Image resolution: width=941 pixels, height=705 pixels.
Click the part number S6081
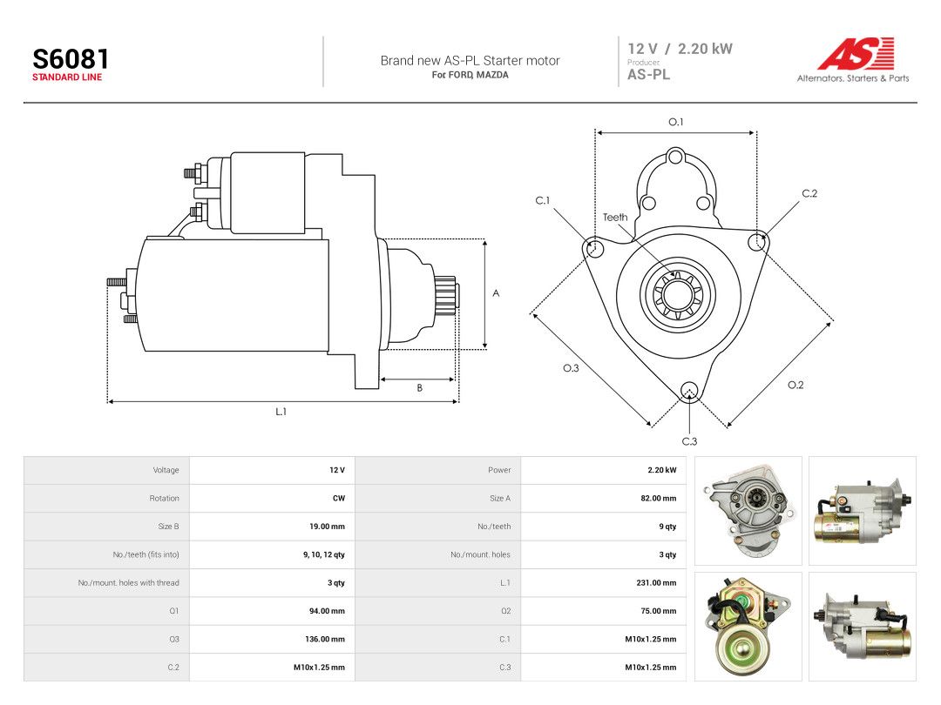coord(71,59)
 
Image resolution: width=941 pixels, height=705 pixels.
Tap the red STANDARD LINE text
coord(67,77)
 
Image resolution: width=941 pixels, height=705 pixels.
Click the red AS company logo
coord(856,53)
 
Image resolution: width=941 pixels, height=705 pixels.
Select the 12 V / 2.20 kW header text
coord(680,49)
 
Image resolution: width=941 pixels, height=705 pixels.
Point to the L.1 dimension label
coord(281,412)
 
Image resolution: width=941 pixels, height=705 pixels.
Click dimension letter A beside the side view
coord(496,293)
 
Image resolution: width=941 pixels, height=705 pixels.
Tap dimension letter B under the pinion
coord(419,388)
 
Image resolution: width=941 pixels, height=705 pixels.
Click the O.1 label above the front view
coord(676,122)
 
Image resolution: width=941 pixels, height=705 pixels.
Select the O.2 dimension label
coord(795,385)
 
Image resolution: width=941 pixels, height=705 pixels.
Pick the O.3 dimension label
coord(571,368)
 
